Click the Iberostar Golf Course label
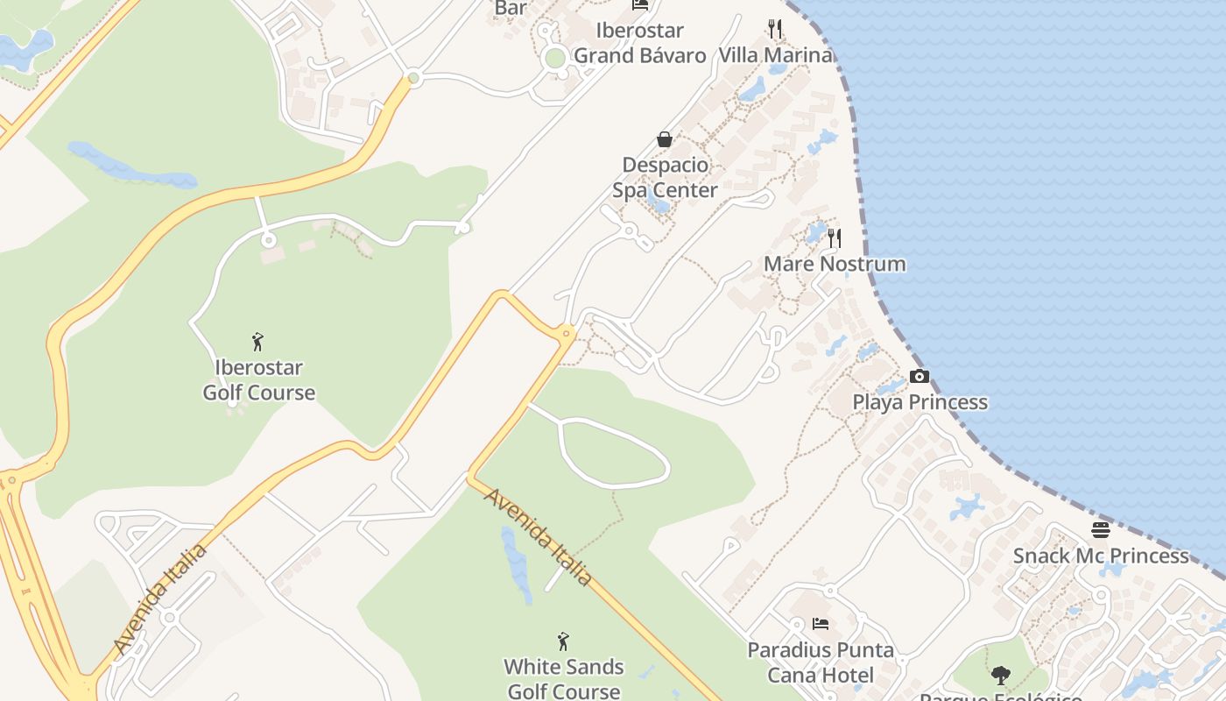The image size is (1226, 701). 258,379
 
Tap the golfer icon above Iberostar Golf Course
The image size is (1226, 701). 257,341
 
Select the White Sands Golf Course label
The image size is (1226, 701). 563,678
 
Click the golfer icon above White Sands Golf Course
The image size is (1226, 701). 563,641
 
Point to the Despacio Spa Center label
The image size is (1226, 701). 665,177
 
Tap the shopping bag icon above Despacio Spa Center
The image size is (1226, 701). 665,139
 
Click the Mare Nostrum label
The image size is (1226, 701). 835,264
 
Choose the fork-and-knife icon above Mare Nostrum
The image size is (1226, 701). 835,237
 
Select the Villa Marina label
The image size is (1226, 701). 775,55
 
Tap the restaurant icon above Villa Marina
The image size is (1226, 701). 775,29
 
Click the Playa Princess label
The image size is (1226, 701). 919,402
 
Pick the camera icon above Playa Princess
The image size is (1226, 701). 919,377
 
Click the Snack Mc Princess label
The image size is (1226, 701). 1101,556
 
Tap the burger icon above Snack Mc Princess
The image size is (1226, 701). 1101,530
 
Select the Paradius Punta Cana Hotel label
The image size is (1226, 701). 821,662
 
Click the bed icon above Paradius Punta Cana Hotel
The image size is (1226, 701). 821,624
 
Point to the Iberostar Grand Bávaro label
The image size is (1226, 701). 639,43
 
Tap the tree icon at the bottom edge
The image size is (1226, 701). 1001,676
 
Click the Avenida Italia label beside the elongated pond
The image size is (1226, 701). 537,537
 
